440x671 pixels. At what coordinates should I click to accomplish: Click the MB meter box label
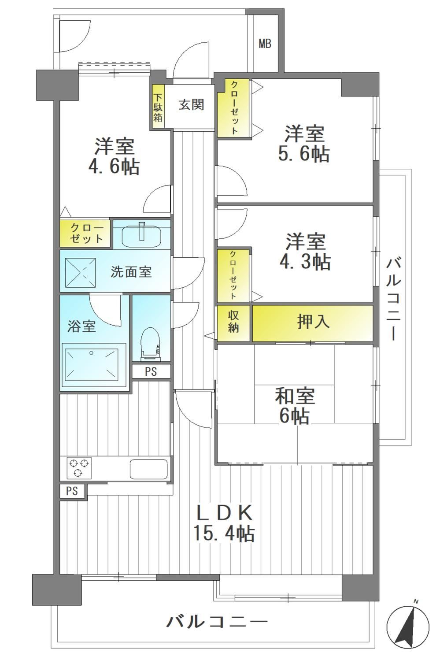point(265,44)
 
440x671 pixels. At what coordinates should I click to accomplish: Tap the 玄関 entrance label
point(192,105)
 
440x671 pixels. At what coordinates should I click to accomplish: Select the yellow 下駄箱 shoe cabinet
point(158,107)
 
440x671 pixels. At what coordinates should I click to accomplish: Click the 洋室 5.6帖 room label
point(304,144)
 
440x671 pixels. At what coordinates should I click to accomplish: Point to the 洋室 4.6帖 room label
point(114,157)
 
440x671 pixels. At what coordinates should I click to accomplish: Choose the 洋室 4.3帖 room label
point(305,252)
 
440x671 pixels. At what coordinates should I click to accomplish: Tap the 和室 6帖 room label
point(295,406)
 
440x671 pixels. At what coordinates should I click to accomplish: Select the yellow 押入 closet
point(313,323)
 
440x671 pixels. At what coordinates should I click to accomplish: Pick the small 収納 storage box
point(233,323)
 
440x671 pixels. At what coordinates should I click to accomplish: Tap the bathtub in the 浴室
point(94,365)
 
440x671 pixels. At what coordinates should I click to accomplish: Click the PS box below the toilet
point(151,371)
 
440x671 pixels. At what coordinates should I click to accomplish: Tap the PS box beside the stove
point(72,491)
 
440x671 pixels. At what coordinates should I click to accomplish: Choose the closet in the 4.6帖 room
point(85,234)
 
